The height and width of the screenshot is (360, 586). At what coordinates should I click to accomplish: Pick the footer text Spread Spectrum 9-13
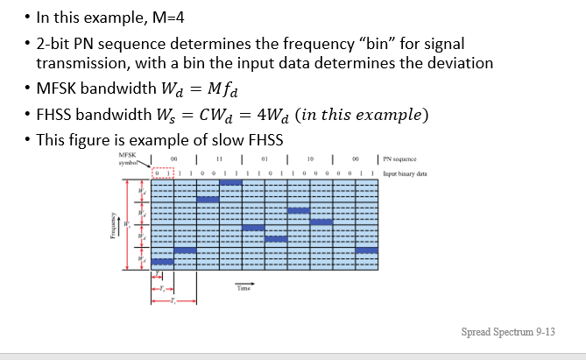click(508, 332)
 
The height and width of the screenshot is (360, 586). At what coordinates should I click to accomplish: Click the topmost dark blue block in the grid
click(208, 200)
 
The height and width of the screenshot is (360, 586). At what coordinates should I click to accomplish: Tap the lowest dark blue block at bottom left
click(162, 262)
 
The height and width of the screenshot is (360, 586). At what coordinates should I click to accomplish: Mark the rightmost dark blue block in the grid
click(367, 250)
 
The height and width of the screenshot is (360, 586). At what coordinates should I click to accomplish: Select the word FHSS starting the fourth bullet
click(55, 115)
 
